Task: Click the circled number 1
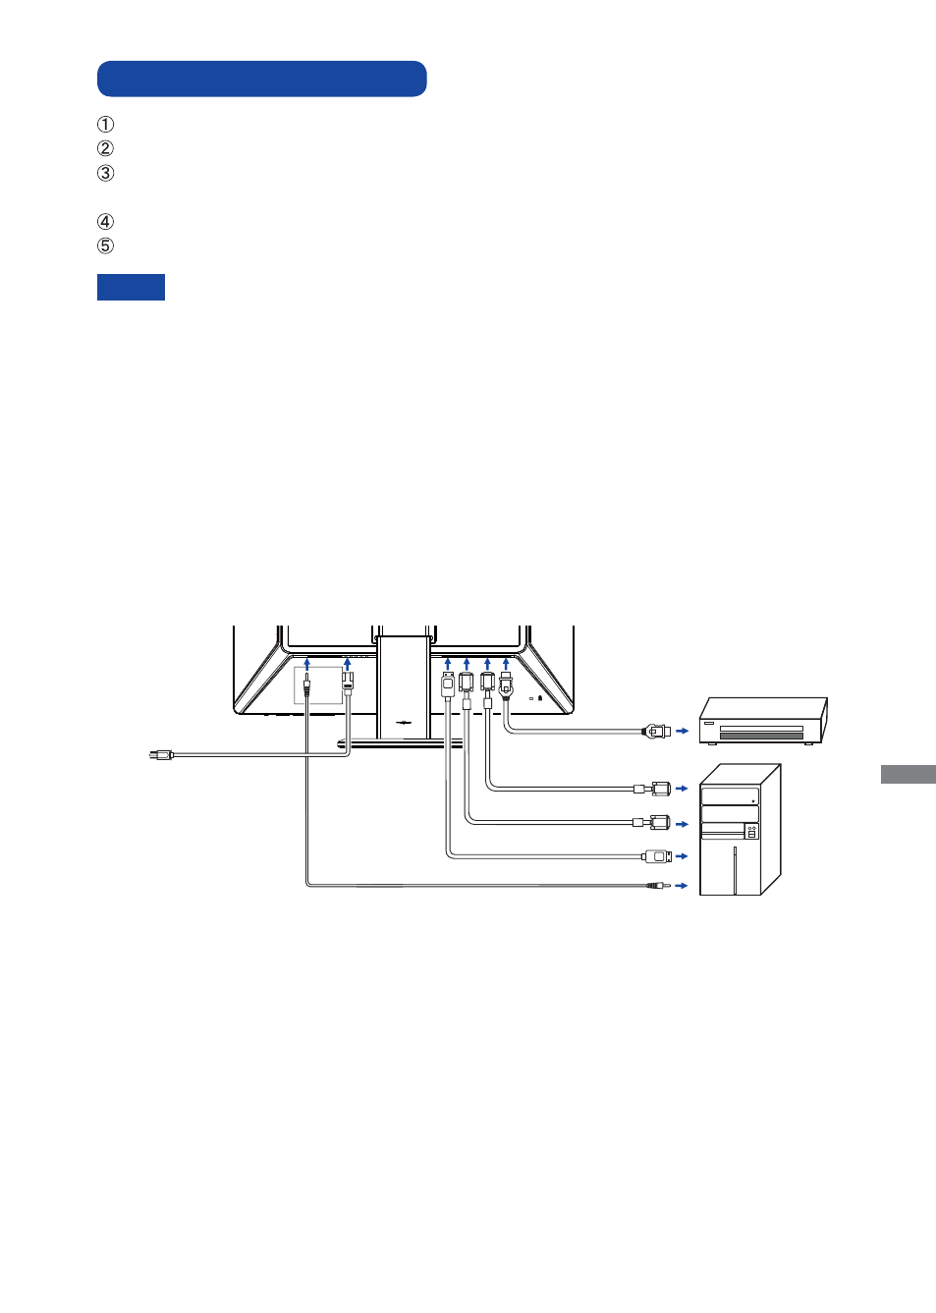tap(105, 125)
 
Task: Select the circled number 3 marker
tap(105, 173)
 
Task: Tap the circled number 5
tap(105, 246)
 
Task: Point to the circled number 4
tap(105, 222)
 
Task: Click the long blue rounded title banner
tap(262, 79)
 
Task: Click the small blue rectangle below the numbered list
tap(131, 287)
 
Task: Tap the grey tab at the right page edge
tap(908, 774)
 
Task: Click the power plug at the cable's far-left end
tap(161, 755)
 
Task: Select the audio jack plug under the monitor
tap(306, 684)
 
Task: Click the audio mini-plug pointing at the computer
tap(658, 886)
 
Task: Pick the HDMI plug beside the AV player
tap(657, 731)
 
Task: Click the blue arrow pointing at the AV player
tap(683, 731)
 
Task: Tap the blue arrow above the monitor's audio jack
tap(306, 664)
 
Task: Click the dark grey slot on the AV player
tap(761, 737)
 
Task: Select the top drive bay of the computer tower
tap(730, 796)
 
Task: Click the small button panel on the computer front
tap(751, 831)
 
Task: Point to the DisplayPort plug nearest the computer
tap(658, 857)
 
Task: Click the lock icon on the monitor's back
tap(540, 698)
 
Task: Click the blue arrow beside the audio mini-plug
tap(682, 886)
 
